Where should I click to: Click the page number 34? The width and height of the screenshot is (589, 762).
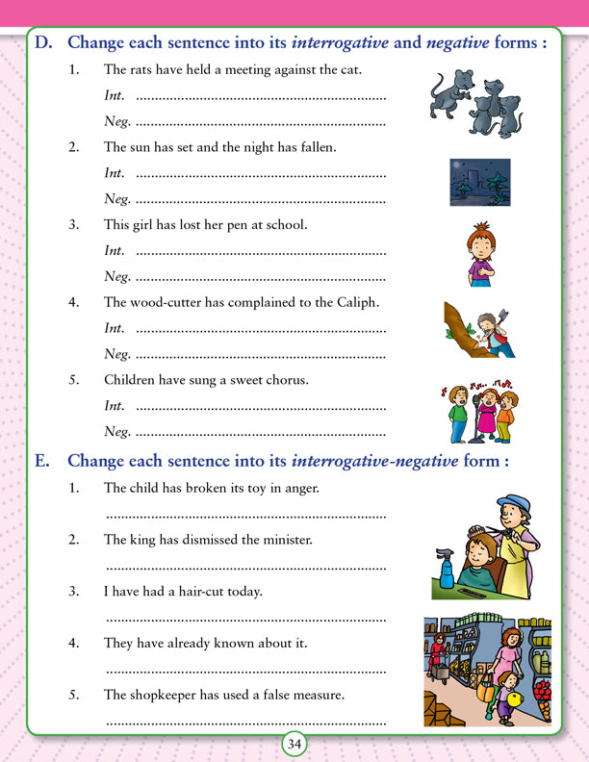294,743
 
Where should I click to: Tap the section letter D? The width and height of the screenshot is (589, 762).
42,42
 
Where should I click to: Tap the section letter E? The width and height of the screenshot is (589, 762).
41,460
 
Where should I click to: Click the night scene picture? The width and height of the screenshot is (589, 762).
479,183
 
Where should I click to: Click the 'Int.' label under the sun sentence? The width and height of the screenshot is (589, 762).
115,174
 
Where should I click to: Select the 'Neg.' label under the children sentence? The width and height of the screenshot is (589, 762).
115,431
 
